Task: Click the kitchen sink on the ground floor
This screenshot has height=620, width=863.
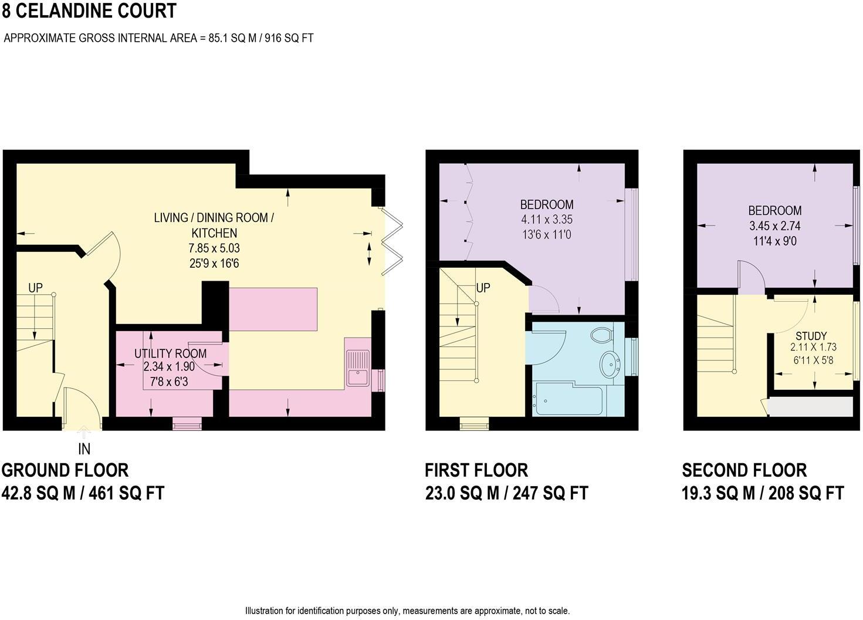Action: [x=357, y=368]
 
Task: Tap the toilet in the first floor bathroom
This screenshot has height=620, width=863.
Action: [x=601, y=335]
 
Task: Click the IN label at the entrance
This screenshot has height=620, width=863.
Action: [x=84, y=449]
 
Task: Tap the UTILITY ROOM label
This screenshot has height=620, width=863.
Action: [x=170, y=353]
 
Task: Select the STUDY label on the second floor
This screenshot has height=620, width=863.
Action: [x=811, y=336]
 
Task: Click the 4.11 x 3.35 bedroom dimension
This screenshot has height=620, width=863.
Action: [x=546, y=220]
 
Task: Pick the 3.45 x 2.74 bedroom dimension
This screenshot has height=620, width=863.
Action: [x=774, y=225]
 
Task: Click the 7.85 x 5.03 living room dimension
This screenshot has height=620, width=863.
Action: [x=214, y=248]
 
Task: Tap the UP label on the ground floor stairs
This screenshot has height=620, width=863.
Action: [x=35, y=288]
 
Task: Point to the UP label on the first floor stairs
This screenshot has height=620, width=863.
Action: [x=483, y=288]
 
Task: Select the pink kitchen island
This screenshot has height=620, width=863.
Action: [x=273, y=309]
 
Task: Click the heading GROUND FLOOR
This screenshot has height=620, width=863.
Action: [x=65, y=470]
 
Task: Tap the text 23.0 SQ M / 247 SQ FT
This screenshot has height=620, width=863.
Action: [x=506, y=493]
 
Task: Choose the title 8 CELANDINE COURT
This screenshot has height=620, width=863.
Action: [x=89, y=11]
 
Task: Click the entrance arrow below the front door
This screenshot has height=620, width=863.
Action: [x=84, y=434]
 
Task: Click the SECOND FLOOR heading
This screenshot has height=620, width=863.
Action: [x=744, y=470]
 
